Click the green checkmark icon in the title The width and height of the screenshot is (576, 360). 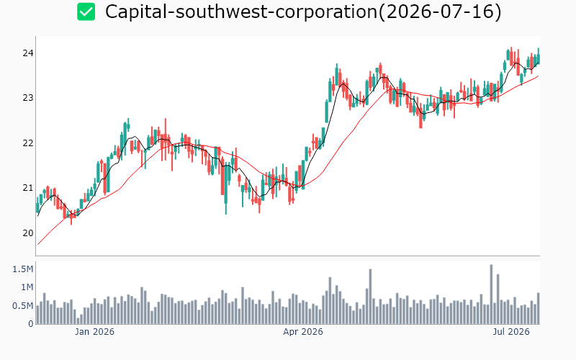(x=86, y=12)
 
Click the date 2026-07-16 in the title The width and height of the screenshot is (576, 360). (x=440, y=12)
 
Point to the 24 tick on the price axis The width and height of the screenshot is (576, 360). (x=28, y=53)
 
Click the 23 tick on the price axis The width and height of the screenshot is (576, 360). (x=28, y=98)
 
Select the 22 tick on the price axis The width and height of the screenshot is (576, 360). (x=28, y=143)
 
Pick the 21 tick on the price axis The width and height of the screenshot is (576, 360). (x=28, y=188)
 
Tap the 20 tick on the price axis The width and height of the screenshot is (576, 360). (x=28, y=233)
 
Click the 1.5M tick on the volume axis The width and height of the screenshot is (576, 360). (x=23, y=269)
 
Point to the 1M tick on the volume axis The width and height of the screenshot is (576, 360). (x=27, y=287)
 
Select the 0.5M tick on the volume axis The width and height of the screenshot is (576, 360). (x=23, y=305)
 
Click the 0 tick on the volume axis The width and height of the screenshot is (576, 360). (x=31, y=323)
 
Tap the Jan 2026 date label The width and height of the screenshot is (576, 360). (x=94, y=332)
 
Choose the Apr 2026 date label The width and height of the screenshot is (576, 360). (x=303, y=332)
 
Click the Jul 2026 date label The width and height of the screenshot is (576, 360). (x=511, y=332)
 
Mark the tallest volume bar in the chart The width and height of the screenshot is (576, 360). (x=491, y=294)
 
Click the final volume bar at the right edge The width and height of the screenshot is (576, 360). (x=538, y=308)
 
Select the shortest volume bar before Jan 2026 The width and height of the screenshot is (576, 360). (x=78, y=321)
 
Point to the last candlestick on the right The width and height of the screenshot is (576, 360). (x=539, y=57)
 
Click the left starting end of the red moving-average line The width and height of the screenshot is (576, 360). (x=38, y=245)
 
